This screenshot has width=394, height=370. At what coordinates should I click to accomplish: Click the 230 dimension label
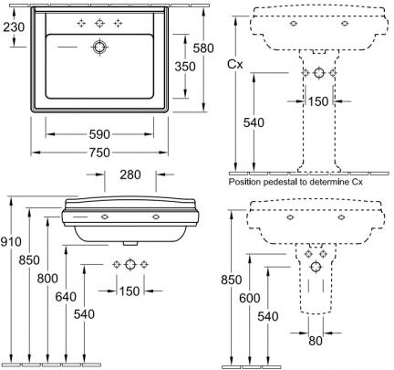tap(14, 27)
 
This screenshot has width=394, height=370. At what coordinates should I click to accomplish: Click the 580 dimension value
tap(203, 48)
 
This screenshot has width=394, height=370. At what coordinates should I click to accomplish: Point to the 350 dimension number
tap(185, 67)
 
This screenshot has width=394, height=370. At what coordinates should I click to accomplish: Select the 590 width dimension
tap(99, 134)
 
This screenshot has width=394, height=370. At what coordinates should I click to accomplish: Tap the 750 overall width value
tap(99, 153)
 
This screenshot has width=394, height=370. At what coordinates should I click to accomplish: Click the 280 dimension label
tap(130, 174)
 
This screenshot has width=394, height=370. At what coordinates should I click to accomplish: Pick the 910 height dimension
tap(11, 242)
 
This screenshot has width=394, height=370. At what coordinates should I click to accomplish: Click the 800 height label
tap(47, 279)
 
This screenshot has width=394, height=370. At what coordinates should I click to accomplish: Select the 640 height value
tap(66, 297)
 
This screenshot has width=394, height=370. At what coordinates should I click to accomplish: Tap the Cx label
tap(235, 64)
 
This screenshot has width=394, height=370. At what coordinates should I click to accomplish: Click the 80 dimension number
tap(316, 341)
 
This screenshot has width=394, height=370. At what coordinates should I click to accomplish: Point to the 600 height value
tap(250, 298)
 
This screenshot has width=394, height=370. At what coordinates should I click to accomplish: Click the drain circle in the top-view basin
tap(99, 47)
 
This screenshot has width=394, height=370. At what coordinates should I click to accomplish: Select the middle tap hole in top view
tap(99, 23)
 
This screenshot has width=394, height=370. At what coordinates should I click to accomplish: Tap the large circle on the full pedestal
tap(319, 73)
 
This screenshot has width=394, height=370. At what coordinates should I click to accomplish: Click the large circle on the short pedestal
tap(316, 267)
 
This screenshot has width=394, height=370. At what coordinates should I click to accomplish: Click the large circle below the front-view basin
tap(130, 265)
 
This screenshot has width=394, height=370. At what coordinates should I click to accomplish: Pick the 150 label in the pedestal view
tap(318, 101)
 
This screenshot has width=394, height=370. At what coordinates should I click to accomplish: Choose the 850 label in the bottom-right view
tap(232, 280)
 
